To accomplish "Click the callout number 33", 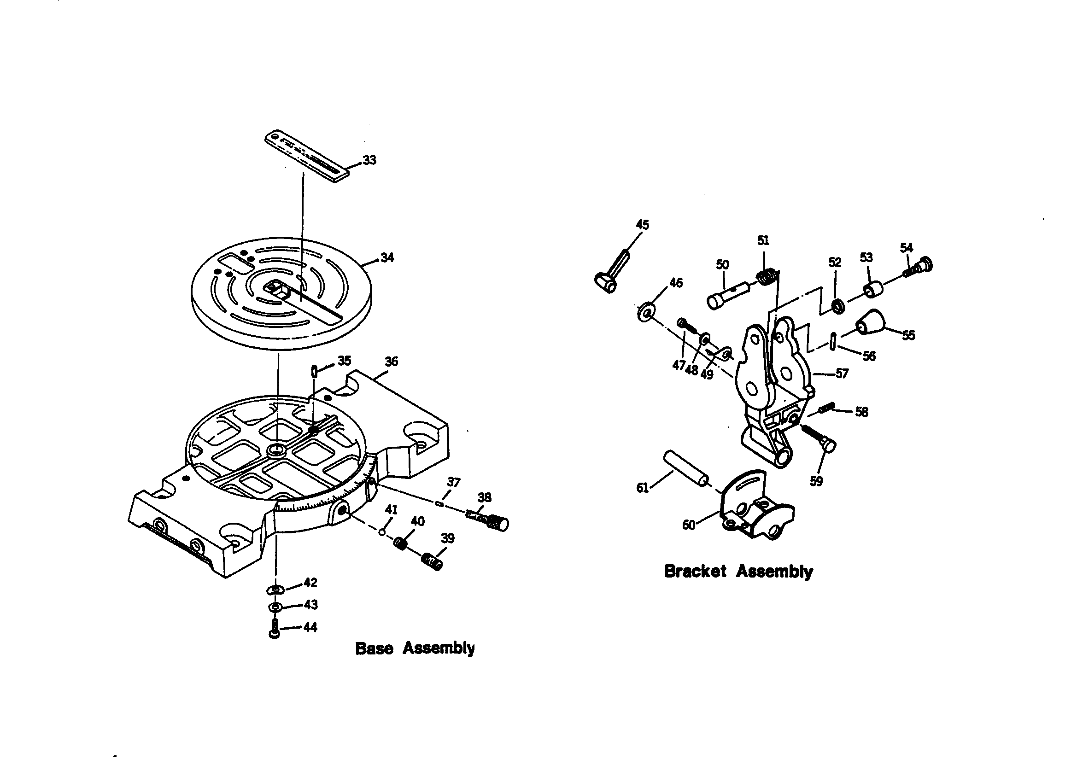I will (x=369, y=160).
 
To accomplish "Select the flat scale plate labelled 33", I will (x=307, y=156).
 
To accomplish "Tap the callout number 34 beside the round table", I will (x=387, y=257).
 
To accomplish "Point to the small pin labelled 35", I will (x=314, y=371).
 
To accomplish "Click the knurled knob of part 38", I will (x=499, y=523).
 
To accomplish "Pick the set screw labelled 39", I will (x=432, y=561).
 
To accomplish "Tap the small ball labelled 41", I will (x=382, y=532).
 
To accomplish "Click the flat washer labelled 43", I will (x=275, y=607).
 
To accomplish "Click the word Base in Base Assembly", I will (x=374, y=648).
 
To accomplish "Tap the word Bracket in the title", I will (x=695, y=572).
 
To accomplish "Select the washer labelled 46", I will (x=646, y=311).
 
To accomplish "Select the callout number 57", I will (x=842, y=374).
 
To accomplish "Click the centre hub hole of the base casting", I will (x=276, y=451).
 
